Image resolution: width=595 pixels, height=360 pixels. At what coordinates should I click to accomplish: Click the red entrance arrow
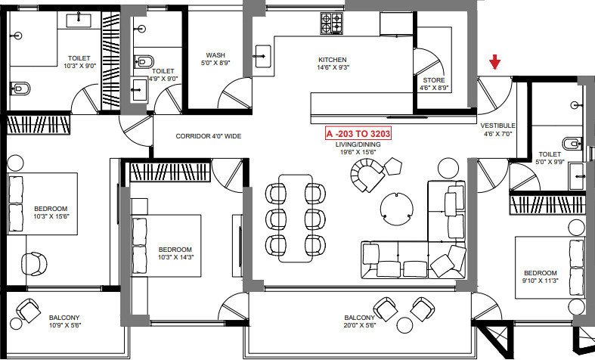coord(494,62)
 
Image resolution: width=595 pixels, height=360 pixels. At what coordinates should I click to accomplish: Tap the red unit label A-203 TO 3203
coord(358,132)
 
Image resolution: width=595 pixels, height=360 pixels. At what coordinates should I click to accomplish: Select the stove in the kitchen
coord(331,23)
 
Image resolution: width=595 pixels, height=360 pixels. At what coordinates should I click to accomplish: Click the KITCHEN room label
coord(332,60)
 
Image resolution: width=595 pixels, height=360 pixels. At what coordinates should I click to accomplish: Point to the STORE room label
coord(434,79)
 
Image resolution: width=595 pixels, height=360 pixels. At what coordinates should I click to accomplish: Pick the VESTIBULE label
coord(497,125)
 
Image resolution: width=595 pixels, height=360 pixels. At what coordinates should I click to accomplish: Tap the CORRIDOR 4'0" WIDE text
coord(208,137)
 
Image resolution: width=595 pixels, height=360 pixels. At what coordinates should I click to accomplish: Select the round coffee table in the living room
coord(396,206)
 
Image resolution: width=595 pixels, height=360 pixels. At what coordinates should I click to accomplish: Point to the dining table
coord(294,218)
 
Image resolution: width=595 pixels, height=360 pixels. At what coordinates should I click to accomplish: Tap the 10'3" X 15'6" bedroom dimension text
coord(51,217)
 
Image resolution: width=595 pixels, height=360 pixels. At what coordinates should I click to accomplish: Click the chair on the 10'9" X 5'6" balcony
coord(29,310)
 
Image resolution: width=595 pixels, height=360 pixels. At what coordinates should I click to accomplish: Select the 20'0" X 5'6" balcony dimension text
coord(358,326)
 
